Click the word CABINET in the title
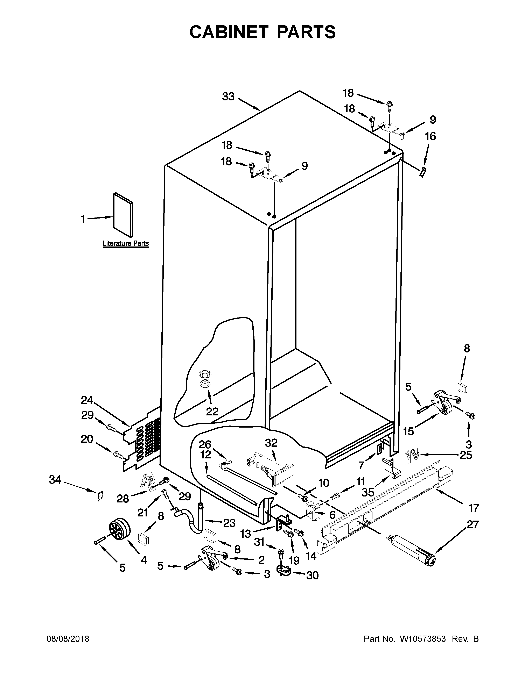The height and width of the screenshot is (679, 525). [x=229, y=32]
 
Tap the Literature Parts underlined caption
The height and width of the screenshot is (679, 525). [x=126, y=243]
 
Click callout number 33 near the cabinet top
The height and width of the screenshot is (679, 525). [x=228, y=97]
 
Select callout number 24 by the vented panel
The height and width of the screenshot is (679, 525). [x=87, y=400]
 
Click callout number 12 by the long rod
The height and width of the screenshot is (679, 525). [x=206, y=455]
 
